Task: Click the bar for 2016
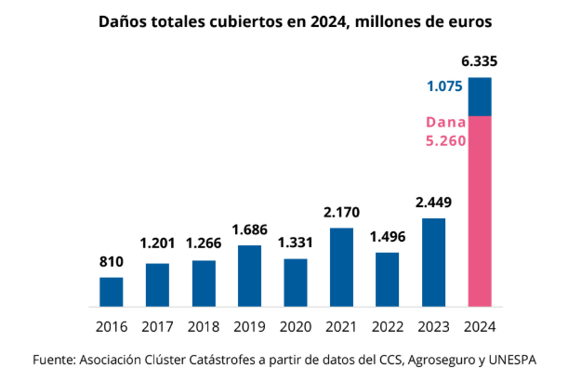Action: pyautogui.click(x=111, y=292)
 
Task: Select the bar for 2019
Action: pyautogui.click(x=249, y=276)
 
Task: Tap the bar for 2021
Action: pyautogui.click(x=342, y=268)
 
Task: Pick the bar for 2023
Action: pyautogui.click(x=434, y=262)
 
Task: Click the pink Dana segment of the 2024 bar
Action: pyautogui.click(x=480, y=212)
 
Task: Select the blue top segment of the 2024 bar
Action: pyautogui.click(x=480, y=97)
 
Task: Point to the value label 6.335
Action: pyautogui.click(x=480, y=62)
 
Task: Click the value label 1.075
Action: pyautogui.click(x=444, y=86)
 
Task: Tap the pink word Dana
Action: pyautogui.click(x=445, y=123)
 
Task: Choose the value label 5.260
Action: pyautogui.click(x=445, y=142)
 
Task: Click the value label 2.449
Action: pyautogui.click(x=434, y=202)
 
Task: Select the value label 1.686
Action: pyautogui.click(x=249, y=229)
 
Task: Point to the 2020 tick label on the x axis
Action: pyautogui.click(x=296, y=327)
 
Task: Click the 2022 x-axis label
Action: pyautogui.click(x=388, y=327)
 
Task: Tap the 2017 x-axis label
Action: pyautogui.click(x=157, y=327)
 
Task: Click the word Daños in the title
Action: pyautogui.click(x=125, y=20)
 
